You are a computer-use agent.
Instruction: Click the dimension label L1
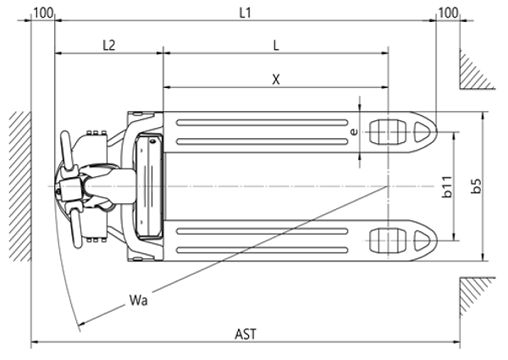click(246, 14)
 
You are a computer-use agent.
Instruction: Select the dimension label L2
click(108, 45)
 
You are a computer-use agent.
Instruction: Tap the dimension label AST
click(246, 333)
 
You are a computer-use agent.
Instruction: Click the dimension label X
click(276, 78)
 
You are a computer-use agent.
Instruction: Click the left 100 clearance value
click(43, 14)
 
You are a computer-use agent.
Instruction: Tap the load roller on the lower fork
click(386, 241)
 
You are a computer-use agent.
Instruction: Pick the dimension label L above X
click(276, 45)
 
